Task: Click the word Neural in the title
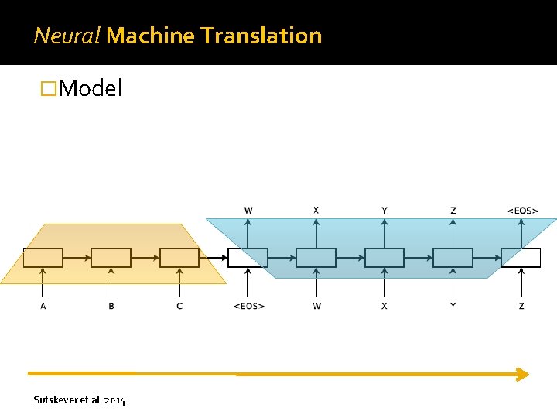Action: [x=67, y=35]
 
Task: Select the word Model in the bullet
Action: [x=91, y=88]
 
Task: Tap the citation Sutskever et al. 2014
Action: [x=80, y=399]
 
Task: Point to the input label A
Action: [x=43, y=306]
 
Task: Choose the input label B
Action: [x=111, y=306]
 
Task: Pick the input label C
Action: [x=179, y=306]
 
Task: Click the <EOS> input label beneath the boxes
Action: [x=248, y=306]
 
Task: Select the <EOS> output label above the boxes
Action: [x=522, y=210]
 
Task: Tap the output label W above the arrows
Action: [x=248, y=210]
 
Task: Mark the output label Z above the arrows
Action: [x=453, y=210]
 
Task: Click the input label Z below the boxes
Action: [x=521, y=306]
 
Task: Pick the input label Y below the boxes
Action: [x=453, y=306]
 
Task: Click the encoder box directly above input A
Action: [x=43, y=258]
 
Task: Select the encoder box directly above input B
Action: [x=111, y=258]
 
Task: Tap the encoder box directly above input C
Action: [x=179, y=258]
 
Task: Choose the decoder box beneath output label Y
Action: [x=384, y=258]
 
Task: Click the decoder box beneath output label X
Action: [x=316, y=258]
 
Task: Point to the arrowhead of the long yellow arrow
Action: [x=523, y=374]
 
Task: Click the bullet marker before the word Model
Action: [x=49, y=89]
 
